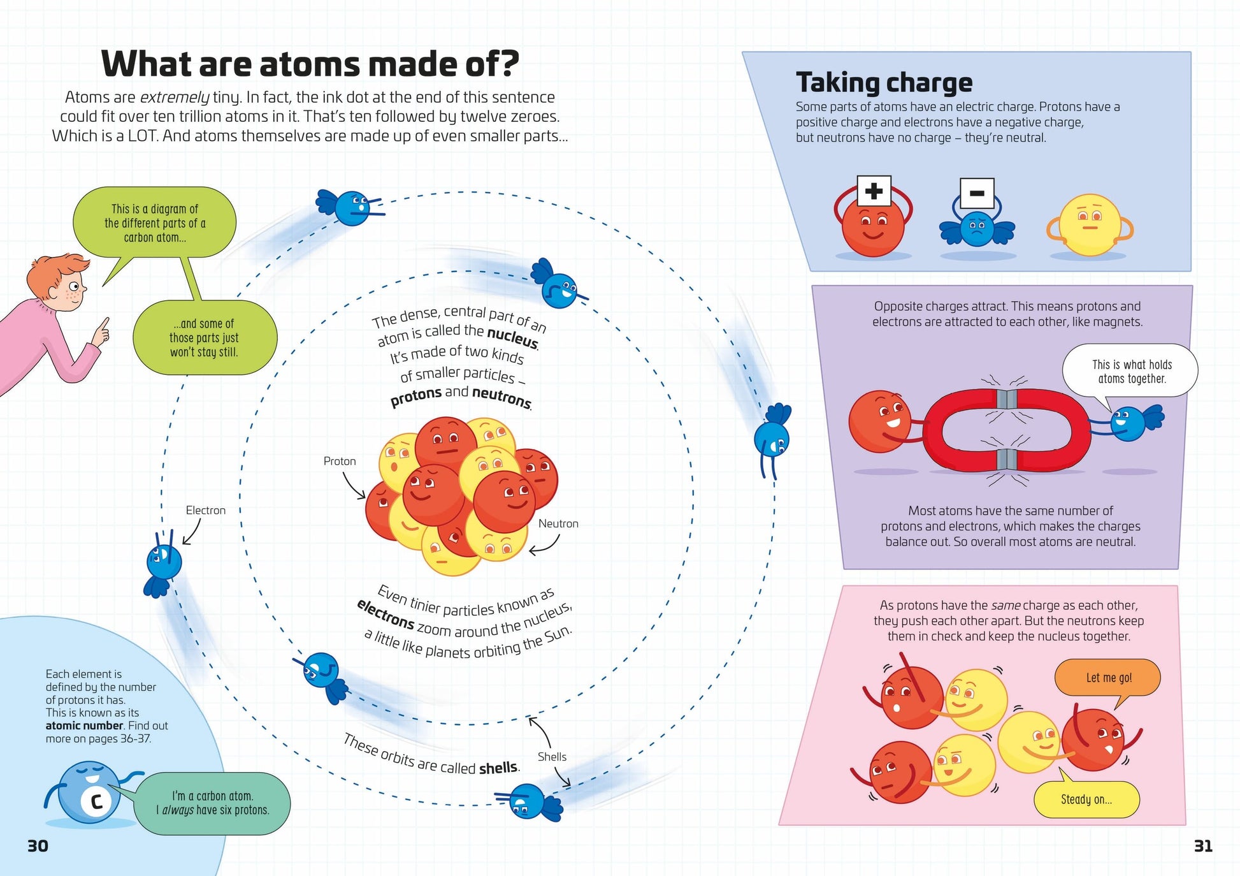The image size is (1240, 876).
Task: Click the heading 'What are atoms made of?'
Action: [x=310, y=64]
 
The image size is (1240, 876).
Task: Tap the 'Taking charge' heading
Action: [x=884, y=83]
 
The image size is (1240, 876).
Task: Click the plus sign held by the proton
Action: [x=874, y=191]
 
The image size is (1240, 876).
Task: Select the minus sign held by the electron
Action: [x=976, y=193]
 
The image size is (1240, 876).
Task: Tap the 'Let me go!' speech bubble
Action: [x=1108, y=678]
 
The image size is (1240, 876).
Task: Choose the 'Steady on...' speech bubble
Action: [x=1086, y=799]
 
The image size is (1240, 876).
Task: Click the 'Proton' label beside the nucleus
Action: [x=339, y=461]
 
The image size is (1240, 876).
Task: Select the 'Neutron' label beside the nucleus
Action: [x=558, y=523]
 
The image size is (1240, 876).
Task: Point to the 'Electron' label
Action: [x=205, y=510]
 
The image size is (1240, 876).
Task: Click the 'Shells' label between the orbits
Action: [x=551, y=757]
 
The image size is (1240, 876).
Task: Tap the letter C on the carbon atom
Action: [x=97, y=801]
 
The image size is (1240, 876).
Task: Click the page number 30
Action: [x=38, y=846]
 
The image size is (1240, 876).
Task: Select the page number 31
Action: [x=1202, y=846]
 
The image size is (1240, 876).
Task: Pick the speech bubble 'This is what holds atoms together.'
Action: [x=1131, y=372]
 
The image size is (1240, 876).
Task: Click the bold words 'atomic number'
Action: [x=84, y=726]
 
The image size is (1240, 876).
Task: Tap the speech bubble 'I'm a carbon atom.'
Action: [x=213, y=803]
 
